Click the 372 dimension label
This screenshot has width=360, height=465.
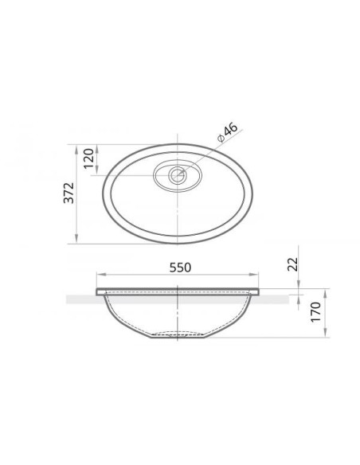click(68, 193)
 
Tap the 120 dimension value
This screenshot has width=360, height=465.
click(88, 158)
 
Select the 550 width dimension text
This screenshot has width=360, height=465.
click(180, 268)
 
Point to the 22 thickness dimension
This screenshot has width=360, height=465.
click(292, 264)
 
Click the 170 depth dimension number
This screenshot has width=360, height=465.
click(316, 312)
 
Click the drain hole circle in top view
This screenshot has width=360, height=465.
click(178, 175)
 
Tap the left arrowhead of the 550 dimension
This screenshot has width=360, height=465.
click(101, 275)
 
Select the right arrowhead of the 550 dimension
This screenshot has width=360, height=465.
click(253, 275)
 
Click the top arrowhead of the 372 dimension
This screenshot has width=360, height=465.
click(76, 149)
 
